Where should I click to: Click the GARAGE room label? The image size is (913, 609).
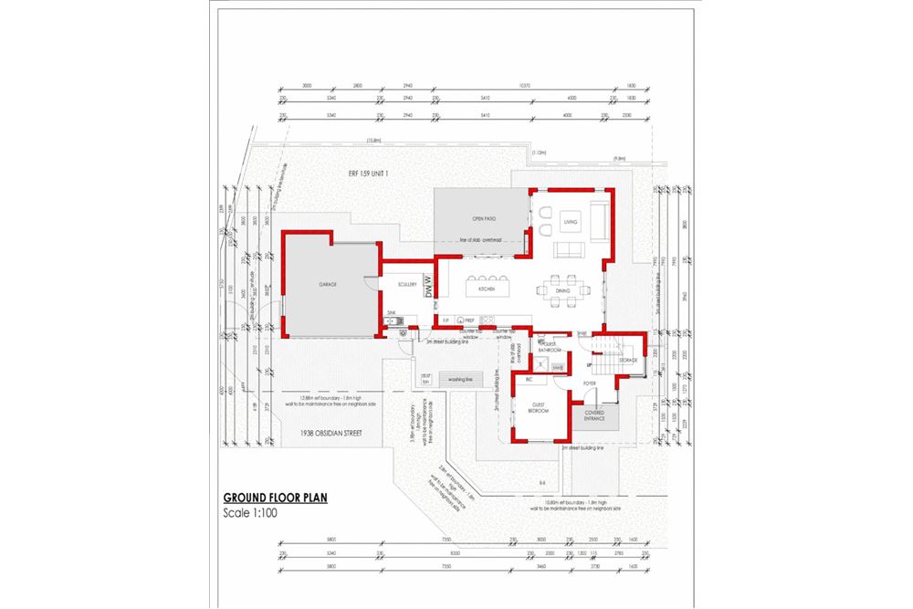327,285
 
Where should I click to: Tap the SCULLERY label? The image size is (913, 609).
407,284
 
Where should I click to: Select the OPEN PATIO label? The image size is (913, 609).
483,220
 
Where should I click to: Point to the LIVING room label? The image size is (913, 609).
571,222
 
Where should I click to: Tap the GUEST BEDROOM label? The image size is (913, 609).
539,409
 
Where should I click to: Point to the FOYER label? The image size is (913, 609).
589,383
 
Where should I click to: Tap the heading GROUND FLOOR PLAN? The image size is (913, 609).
275,499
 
